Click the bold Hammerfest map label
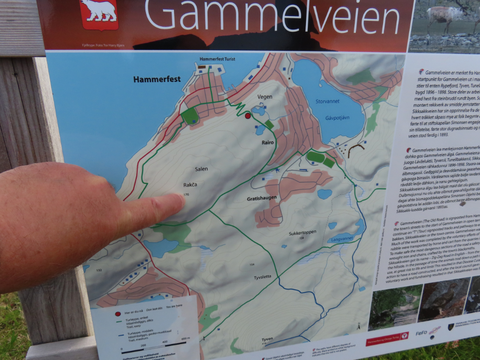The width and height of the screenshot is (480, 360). coord(157,79)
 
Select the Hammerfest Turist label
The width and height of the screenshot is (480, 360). coord(217,59)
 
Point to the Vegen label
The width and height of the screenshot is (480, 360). coord(265,97)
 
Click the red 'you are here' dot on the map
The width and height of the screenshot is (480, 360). coord(248,116)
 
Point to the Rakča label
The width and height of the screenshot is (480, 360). coord(190,185)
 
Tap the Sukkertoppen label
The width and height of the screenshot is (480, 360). coord(303,232)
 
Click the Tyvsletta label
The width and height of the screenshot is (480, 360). coord(264,278)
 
